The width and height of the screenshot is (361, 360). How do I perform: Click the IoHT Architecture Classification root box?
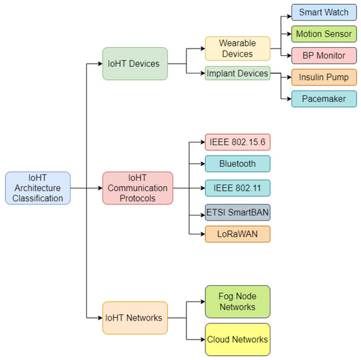pos(37,188)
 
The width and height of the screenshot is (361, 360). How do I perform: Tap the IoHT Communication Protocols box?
pos(137,188)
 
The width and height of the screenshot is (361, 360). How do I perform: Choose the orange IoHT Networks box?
pos(135,318)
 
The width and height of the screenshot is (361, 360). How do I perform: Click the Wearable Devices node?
pos(238,48)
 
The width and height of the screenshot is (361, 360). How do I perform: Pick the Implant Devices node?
pos(237,74)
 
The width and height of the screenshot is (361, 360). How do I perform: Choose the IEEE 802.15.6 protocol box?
pos(238,141)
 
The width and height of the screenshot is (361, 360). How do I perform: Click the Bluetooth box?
pos(238,164)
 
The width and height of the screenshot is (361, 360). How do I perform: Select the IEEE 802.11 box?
pos(238,188)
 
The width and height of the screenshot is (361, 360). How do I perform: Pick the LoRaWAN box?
pos(238,234)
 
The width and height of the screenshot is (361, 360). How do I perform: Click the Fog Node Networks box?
pos(238,302)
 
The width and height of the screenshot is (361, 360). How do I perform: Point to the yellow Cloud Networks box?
pos(238,339)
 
